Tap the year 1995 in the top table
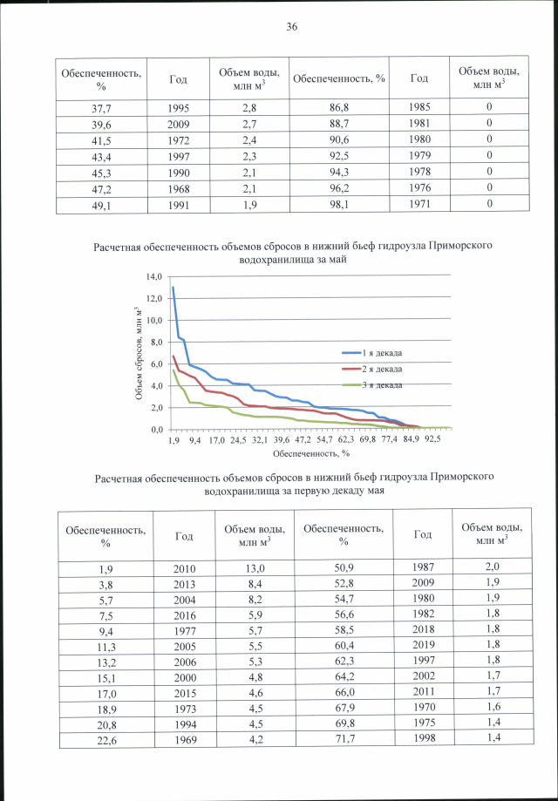pos(179,107)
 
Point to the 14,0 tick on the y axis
pos(155,276)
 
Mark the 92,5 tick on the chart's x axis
pos(432,441)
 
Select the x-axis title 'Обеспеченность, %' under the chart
pos(311,453)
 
